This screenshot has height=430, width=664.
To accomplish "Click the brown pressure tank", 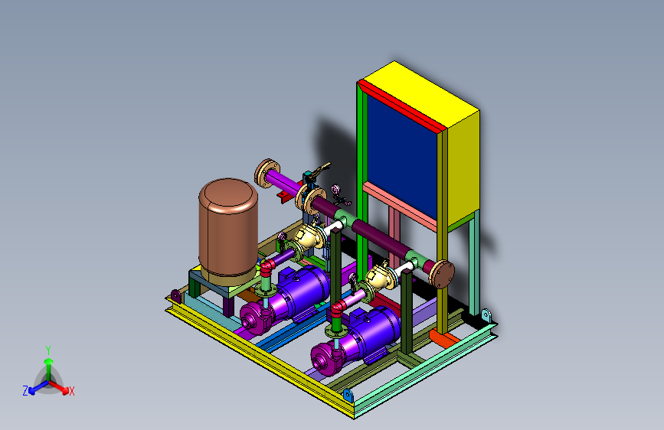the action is tap(228, 231).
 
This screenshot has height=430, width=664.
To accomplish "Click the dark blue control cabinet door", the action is tap(402, 157).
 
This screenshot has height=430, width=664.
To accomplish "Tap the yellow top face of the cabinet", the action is tap(420, 94).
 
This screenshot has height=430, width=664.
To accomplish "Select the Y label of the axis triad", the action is tap(48, 350).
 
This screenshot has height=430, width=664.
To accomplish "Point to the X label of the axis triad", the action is tap(71, 391).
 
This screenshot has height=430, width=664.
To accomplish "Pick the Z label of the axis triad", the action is tap(25, 391).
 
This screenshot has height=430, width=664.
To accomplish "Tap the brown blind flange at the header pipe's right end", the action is tap(443, 274).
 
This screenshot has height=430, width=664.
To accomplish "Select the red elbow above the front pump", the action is tap(339, 308).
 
